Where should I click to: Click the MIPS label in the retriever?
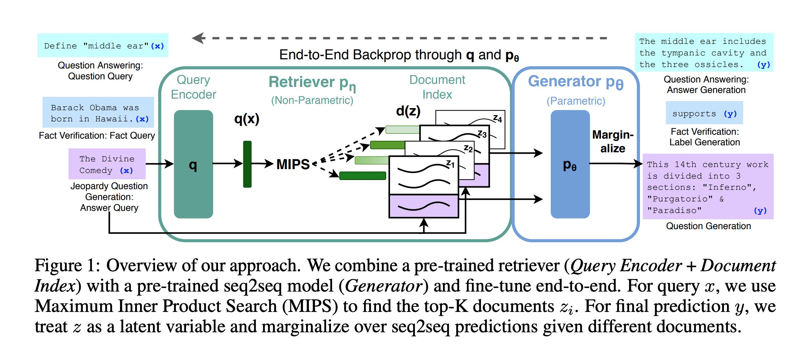[293, 164]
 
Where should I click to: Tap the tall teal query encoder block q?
[193, 164]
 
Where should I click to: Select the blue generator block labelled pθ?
[570, 164]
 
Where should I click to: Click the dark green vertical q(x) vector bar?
[247, 164]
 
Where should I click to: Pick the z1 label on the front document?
[450, 164]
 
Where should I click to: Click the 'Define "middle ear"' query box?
[103, 46]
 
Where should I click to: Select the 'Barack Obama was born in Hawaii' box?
[98, 113]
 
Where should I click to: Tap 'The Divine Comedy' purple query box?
[107, 164]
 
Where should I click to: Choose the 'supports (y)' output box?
[704, 113]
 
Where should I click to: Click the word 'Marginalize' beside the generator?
[613, 141]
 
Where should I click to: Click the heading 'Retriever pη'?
[312, 83]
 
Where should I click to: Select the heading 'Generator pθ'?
[575, 82]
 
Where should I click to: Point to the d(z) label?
[408, 111]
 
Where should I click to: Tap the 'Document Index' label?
[437, 87]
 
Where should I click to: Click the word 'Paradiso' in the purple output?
[674, 210]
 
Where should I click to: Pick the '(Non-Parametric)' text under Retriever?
[312, 100]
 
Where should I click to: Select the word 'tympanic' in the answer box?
[683, 53]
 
